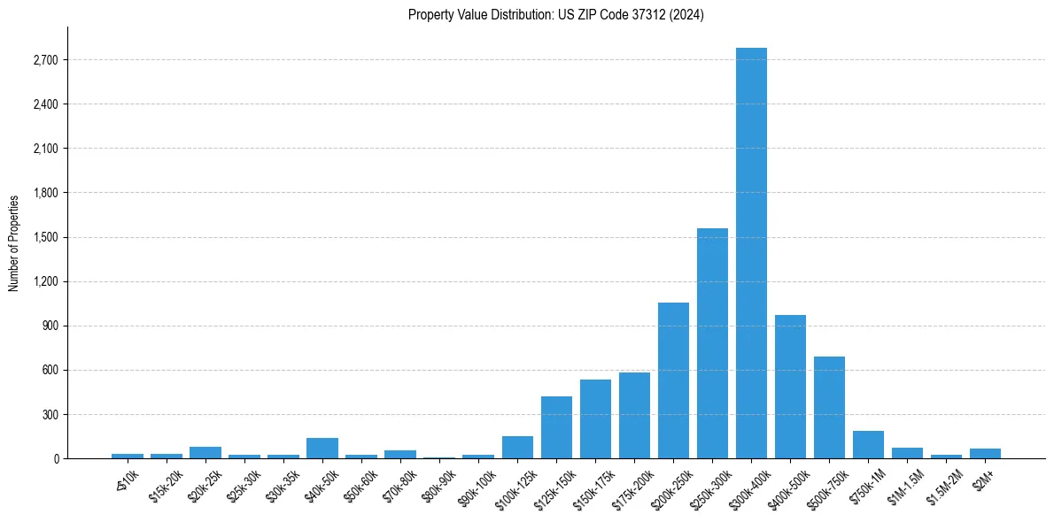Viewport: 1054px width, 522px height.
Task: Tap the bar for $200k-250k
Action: (673, 380)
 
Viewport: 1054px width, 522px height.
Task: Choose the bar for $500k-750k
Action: (829, 407)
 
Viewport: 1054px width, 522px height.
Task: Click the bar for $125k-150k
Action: (556, 427)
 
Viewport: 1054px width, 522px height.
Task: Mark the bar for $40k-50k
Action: (322, 448)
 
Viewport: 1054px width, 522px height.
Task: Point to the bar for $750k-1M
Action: (868, 444)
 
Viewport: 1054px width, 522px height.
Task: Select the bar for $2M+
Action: (985, 453)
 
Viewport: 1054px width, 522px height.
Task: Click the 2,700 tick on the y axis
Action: (45, 60)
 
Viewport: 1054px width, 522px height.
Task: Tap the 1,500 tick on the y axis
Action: (45, 237)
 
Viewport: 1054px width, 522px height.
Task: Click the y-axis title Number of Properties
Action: (13, 242)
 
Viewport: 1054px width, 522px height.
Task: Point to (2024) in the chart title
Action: (687, 15)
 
